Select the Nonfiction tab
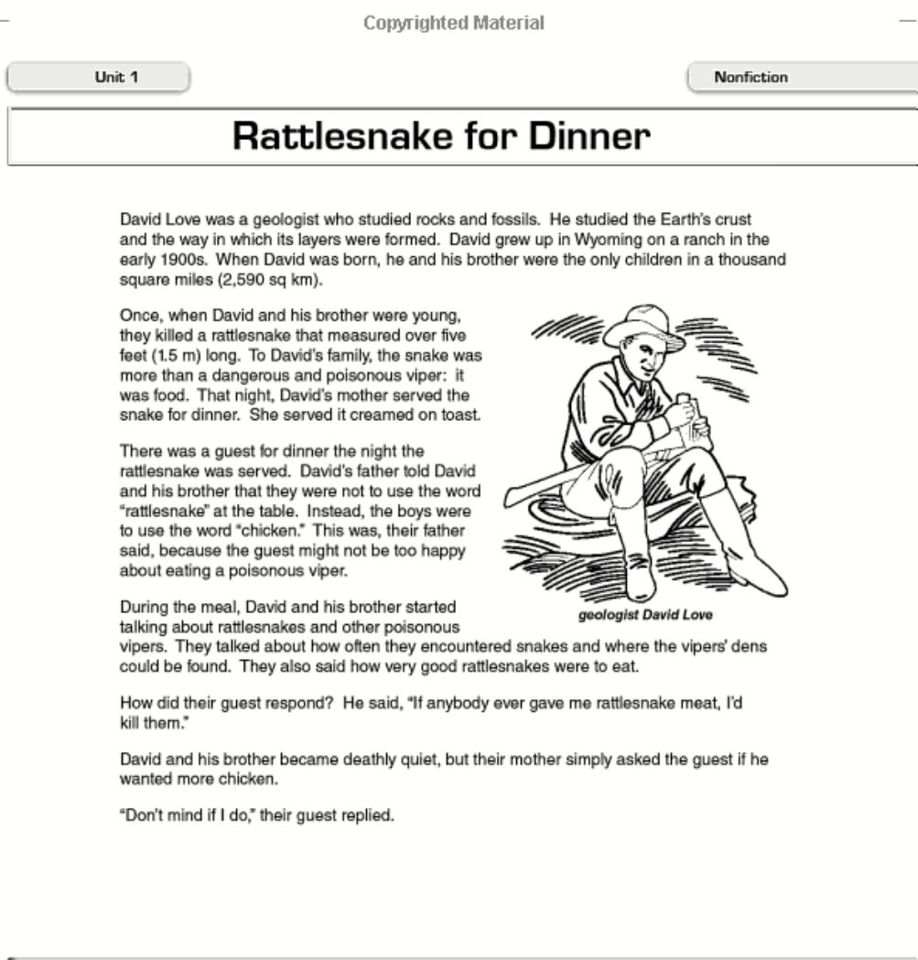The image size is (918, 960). tap(751, 78)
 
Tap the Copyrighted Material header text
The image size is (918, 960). tap(454, 23)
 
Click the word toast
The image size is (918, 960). tap(459, 414)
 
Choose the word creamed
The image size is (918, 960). tap(372, 414)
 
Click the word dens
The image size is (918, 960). tap(751, 647)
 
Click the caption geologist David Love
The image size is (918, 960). tap(645, 615)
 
